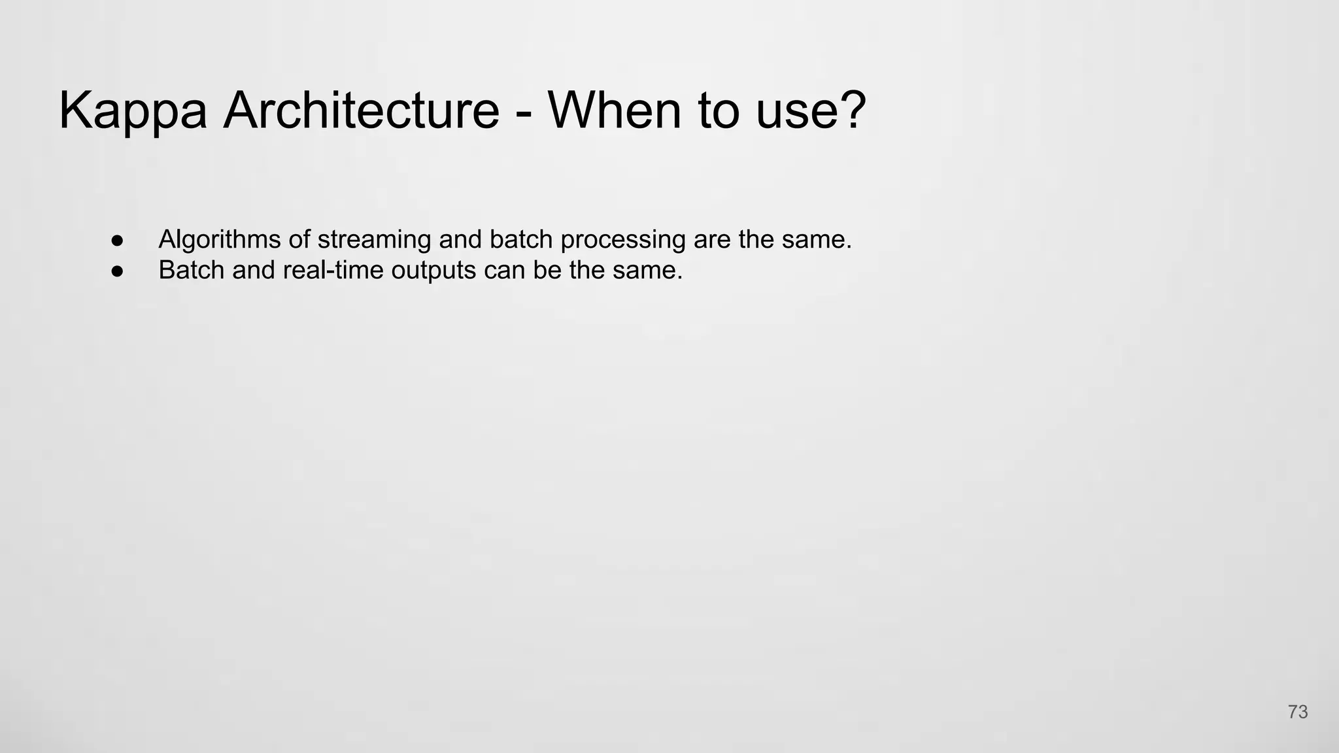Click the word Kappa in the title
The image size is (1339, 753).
pyautogui.click(x=133, y=111)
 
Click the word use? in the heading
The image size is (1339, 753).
pyautogui.click(x=811, y=111)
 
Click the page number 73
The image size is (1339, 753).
pyautogui.click(x=1298, y=712)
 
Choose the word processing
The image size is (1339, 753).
pyautogui.click(x=622, y=240)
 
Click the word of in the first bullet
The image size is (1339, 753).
pyautogui.click(x=299, y=239)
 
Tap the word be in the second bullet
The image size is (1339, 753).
pyautogui.click(x=547, y=270)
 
